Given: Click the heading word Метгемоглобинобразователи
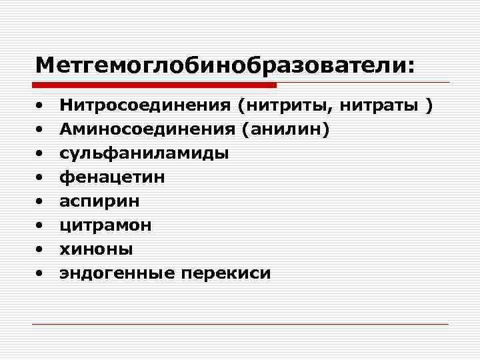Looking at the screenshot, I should coord(225,65).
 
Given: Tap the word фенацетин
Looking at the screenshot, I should coord(113,177).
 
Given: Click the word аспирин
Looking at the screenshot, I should coord(100,201).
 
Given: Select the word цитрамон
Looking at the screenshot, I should coord(106,225).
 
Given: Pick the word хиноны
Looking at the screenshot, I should coord(97,249).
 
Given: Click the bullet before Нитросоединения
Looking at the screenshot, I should coord(41,105).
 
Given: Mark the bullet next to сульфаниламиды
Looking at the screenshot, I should coord(41,153).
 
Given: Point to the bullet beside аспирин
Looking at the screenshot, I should coord(41,201).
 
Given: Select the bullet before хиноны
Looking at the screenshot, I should coord(41,249).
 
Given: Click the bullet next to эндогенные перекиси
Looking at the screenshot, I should coord(41,273).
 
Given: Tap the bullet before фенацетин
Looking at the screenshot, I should coord(41,177).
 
